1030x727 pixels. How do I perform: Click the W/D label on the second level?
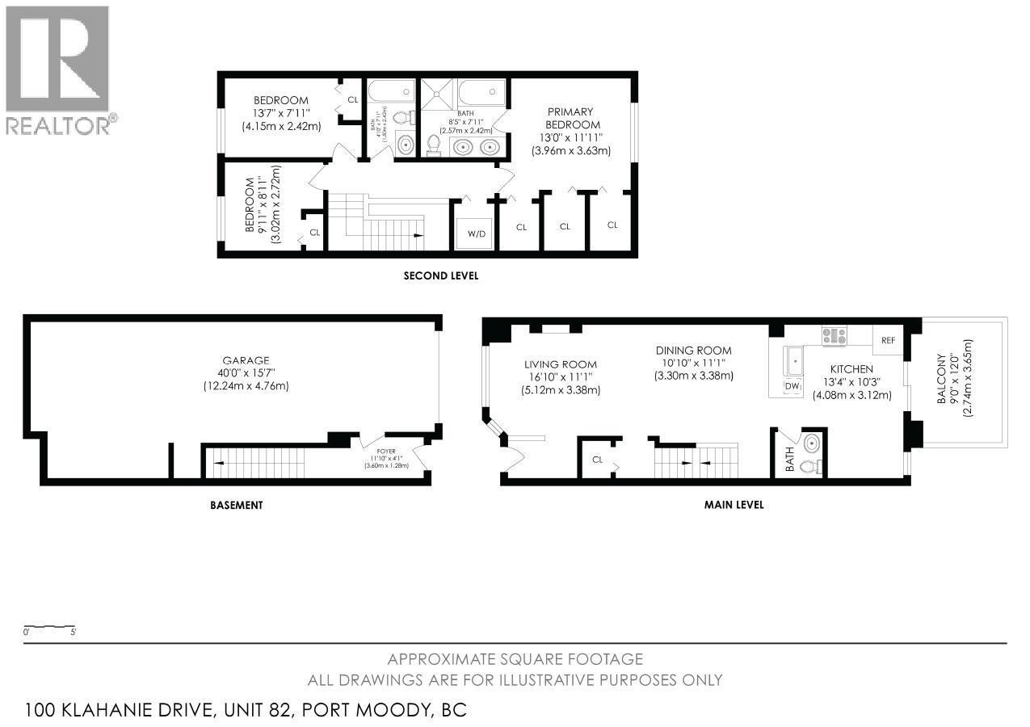(476, 234)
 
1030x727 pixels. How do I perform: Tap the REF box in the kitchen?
(889, 340)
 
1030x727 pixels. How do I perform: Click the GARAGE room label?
(246, 360)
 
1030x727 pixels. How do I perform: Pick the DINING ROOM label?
(693, 350)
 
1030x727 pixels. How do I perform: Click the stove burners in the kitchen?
(834, 335)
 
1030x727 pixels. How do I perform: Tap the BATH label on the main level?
(789, 464)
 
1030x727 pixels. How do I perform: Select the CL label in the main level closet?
(598, 459)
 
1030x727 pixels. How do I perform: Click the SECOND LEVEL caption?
(441, 275)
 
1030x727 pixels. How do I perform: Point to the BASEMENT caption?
(236, 505)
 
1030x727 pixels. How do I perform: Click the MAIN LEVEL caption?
(734, 505)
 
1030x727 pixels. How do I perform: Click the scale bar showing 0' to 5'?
(49, 628)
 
